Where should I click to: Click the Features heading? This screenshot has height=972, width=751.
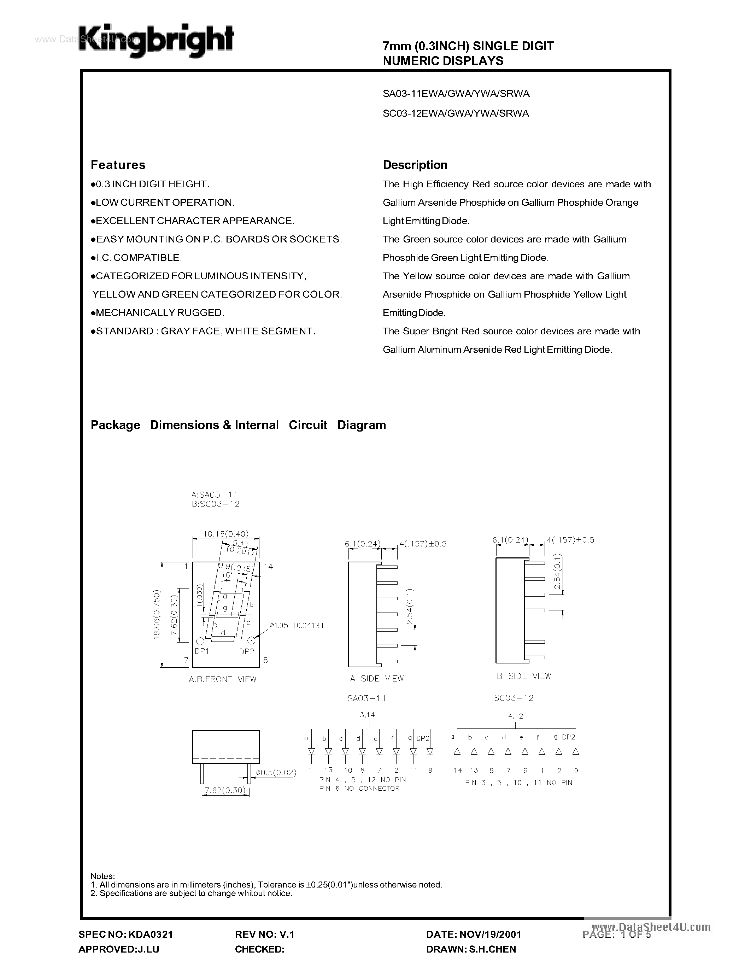tap(118, 165)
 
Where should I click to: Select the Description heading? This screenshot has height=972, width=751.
tap(415, 165)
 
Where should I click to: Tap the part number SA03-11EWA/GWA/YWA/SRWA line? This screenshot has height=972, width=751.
tap(456, 94)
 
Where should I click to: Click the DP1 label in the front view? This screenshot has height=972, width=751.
tap(201, 651)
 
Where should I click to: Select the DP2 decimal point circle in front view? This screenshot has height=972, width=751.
tap(251, 640)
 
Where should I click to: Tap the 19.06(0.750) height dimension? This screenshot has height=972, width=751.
tap(157, 615)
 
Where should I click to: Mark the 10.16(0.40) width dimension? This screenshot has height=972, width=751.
tap(225, 534)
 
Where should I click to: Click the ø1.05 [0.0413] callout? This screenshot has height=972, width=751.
tap(296, 625)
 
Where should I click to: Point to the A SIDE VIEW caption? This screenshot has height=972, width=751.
tap(377, 678)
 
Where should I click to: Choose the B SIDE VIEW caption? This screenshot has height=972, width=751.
tap(524, 676)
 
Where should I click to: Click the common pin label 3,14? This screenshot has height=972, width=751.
tap(367, 715)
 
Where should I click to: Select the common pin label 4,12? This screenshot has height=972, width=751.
tap(515, 716)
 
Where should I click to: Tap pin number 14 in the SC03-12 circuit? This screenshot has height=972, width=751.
tap(458, 771)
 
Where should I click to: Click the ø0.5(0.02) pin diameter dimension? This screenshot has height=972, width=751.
tap(276, 772)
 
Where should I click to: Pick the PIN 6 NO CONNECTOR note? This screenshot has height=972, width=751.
tap(359, 788)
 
